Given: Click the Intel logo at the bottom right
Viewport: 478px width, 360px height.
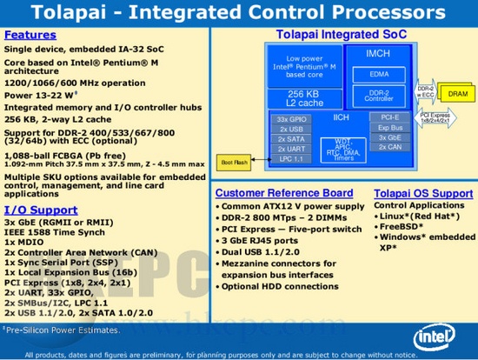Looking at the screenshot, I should click(x=438, y=335).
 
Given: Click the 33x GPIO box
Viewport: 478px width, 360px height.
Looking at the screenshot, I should click(x=289, y=118).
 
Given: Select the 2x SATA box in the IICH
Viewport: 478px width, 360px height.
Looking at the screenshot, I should click(x=289, y=139).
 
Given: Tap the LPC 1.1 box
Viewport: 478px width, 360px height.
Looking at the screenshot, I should click(x=289, y=159).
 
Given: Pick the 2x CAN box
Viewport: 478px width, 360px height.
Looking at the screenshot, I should click(x=390, y=147).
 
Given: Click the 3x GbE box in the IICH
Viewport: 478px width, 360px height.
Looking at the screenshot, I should click(x=390, y=137).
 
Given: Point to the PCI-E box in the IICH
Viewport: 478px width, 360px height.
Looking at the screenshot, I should click(x=390, y=117).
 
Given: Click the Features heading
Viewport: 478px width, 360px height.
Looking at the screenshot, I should click(x=30, y=35).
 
